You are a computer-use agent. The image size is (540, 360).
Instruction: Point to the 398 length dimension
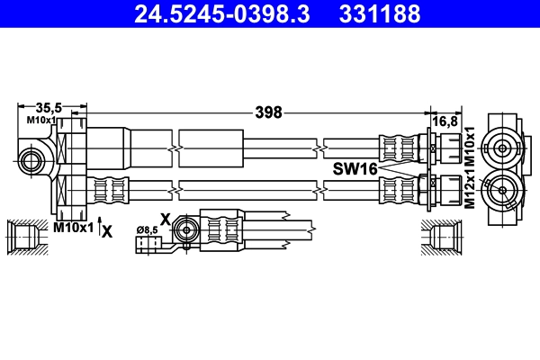click(268, 112)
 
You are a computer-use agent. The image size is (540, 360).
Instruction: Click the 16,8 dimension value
click(446, 120)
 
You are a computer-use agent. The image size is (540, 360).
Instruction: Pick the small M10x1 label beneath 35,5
click(41, 120)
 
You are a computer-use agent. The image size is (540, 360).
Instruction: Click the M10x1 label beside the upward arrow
click(73, 228)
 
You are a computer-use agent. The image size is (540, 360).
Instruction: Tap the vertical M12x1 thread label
click(469, 192)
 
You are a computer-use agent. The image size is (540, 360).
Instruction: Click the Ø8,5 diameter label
click(147, 230)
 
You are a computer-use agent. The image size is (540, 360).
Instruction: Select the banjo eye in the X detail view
click(186, 229)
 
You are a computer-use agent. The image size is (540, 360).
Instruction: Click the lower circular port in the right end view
click(500, 188)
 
